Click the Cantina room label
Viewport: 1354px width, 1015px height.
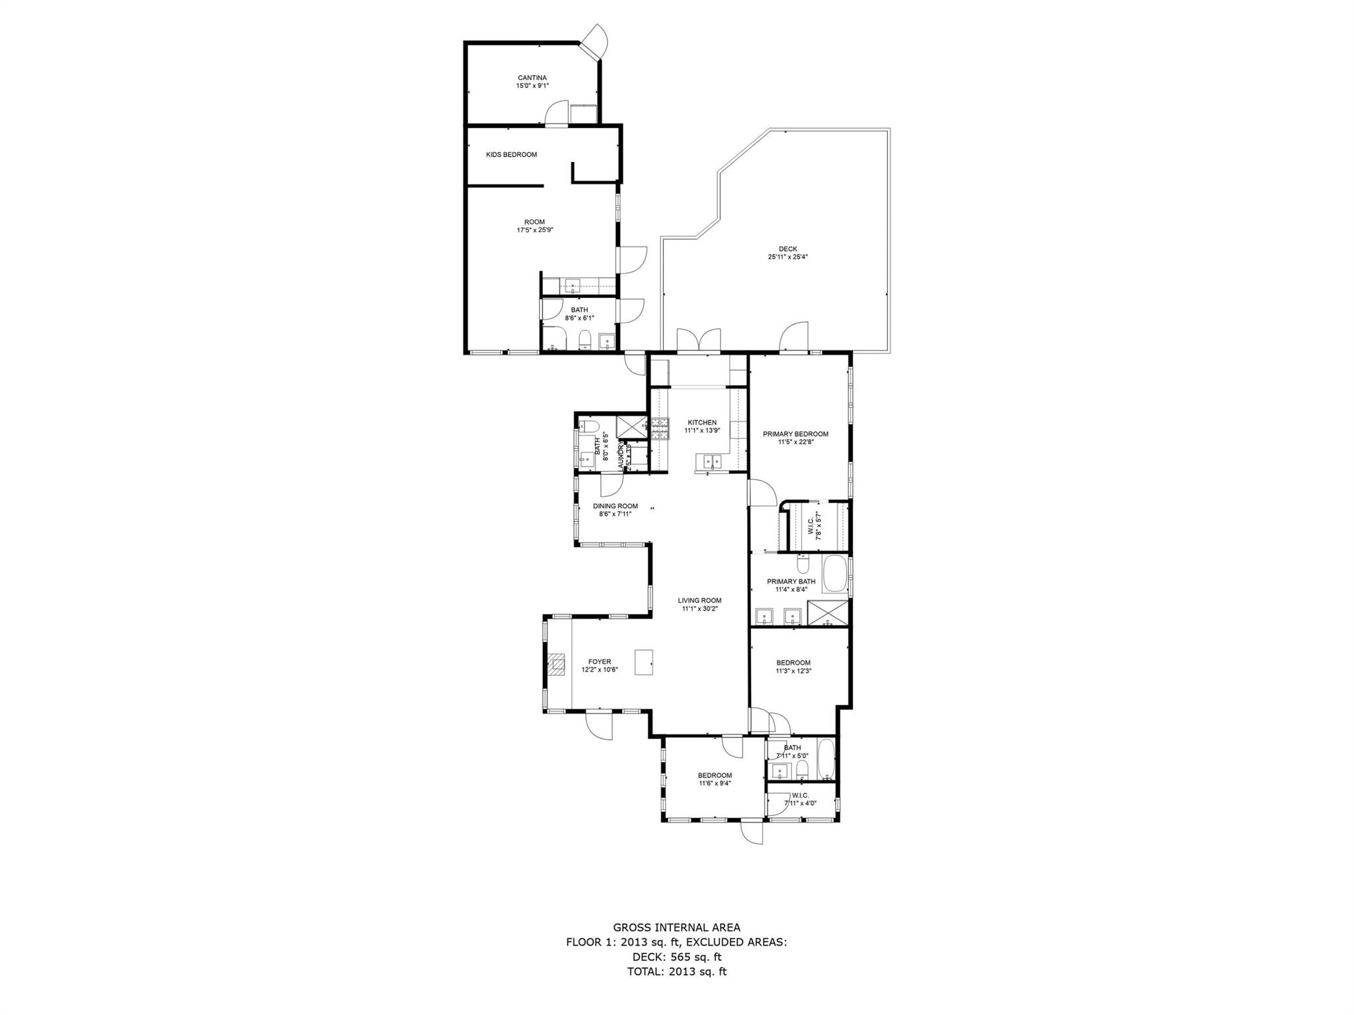(x=532, y=78)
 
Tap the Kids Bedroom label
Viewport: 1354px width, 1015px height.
(x=511, y=155)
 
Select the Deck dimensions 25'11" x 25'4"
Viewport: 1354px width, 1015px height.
(x=787, y=257)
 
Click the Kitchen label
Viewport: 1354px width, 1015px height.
(x=701, y=423)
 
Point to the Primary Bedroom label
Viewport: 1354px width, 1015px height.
(x=795, y=434)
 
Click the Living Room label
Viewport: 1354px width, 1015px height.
(x=699, y=601)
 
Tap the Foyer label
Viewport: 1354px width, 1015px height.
(x=600, y=661)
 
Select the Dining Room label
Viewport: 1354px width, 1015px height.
(x=615, y=506)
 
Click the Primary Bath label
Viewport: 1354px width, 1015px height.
(x=791, y=582)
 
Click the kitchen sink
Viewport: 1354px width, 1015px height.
(x=711, y=461)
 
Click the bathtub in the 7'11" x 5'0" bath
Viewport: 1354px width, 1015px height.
(x=826, y=761)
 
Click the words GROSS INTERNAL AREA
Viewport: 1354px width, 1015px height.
(x=676, y=928)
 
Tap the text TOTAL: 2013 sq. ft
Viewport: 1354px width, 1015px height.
(x=676, y=971)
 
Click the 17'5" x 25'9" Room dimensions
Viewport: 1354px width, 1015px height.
(x=534, y=230)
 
